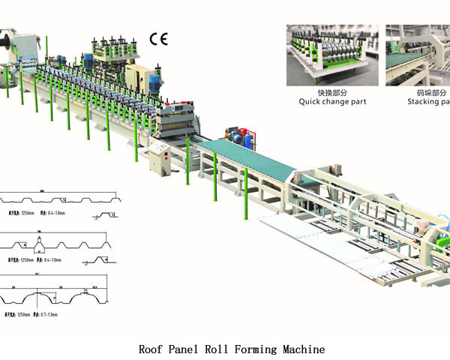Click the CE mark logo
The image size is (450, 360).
pyautogui.click(x=159, y=40)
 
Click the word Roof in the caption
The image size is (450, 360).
pyautogui.click(x=151, y=349)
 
